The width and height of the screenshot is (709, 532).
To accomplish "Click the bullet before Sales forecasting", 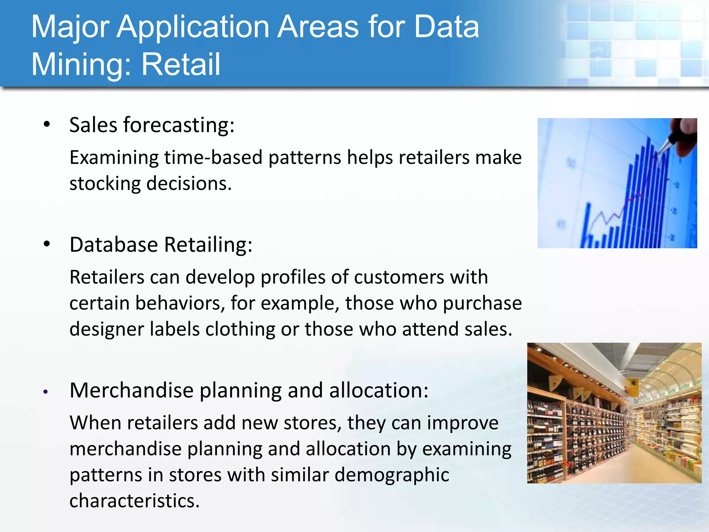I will point(47,124).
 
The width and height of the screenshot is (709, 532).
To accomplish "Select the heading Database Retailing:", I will point(161,245).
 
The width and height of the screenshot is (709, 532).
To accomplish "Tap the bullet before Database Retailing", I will point(47,244).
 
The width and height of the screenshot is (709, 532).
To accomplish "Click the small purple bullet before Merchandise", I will point(46,392).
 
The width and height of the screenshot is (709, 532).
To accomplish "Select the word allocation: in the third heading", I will point(379,390).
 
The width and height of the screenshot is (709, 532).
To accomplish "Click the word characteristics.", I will point(134,501).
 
